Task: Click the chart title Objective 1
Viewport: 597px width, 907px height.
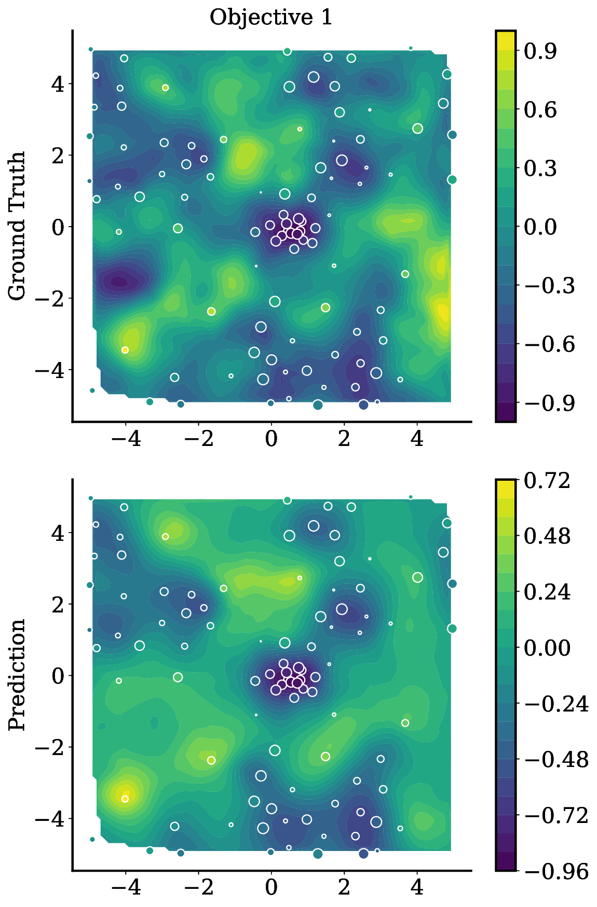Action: coord(270,18)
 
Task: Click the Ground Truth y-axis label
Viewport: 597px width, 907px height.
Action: coord(17,226)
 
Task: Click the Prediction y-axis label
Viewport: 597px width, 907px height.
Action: coord(17,674)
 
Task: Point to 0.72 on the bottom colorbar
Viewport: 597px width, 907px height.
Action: coord(547,481)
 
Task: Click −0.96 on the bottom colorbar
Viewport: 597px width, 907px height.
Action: coord(556,871)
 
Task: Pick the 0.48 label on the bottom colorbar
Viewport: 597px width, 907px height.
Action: coord(547,536)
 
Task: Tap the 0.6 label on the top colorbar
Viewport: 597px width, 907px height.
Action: coord(540,110)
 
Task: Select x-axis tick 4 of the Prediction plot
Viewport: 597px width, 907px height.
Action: coord(416,888)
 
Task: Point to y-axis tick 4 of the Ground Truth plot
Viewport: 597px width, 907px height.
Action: coord(58,83)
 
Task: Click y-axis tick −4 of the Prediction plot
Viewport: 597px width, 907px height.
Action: coord(49,818)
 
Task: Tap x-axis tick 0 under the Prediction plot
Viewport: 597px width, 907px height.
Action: coord(270,888)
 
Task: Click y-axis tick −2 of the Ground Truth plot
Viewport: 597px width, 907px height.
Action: coord(49,298)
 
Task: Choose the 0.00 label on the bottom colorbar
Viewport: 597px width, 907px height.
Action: coord(547,648)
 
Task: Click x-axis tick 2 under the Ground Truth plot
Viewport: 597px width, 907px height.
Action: coord(344,439)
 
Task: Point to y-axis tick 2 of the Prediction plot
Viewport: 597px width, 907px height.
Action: coord(58,604)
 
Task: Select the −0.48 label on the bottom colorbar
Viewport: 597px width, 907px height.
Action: coord(556,760)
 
